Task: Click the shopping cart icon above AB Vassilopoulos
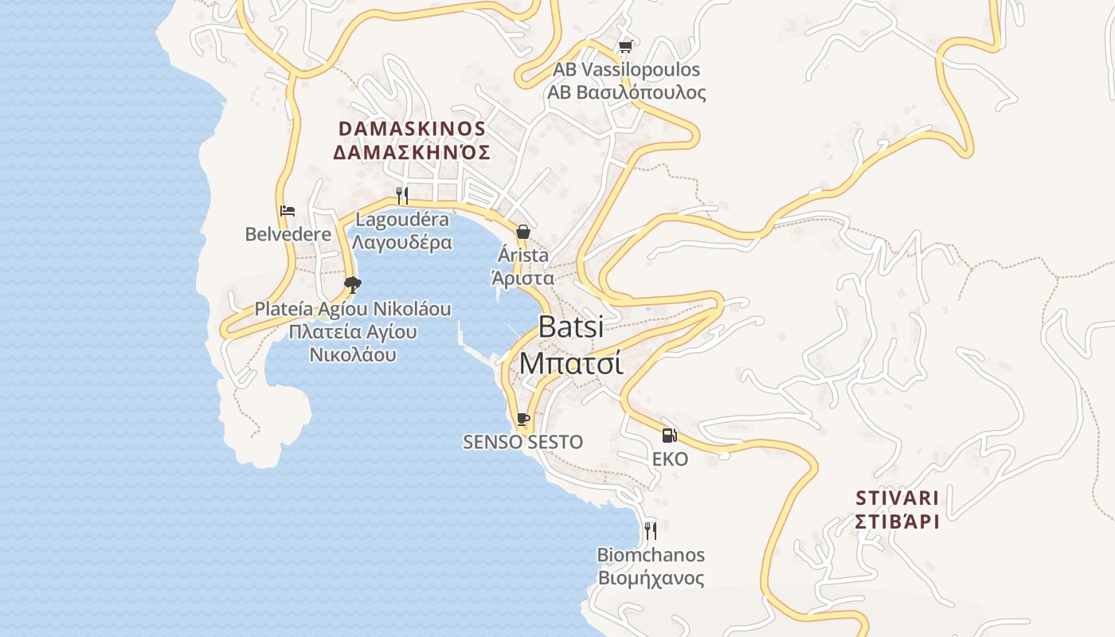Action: coord(625,47)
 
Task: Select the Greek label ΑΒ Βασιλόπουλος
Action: coord(626,92)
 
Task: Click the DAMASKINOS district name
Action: coord(412,129)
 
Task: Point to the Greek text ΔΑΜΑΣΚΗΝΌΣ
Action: coord(411,152)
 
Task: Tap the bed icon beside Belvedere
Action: coord(288,211)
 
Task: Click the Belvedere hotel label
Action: coord(288,234)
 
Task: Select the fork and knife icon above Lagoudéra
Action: coord(402,195)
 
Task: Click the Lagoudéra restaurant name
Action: coord(402,220)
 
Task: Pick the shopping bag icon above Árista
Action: coord(523,232)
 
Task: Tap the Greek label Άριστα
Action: coord(522,278)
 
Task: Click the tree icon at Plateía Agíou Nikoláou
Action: coord(352,284)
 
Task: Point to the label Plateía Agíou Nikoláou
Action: coord(353,309)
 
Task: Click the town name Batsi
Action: coord(570,327)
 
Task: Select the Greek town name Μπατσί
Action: coord(570,362)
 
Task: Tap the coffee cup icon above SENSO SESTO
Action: coord(523,419)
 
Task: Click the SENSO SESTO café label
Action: coord(522,442)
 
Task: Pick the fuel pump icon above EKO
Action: coord(670,436)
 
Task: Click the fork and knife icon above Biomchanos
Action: coord(651,530)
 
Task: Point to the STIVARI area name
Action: coord(897,498)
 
